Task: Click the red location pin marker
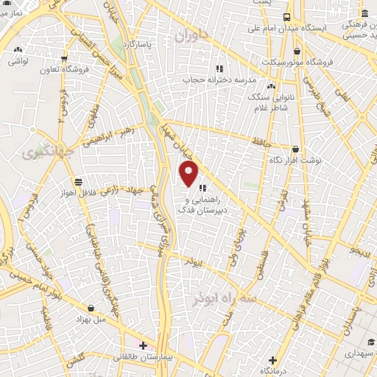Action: tap(189, 173)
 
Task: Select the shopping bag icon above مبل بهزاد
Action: tap(91, 309)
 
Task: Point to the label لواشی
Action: tap(18, 61)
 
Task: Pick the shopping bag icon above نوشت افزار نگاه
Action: tap(295, 149)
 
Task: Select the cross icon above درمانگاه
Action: tap(272, 360)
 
